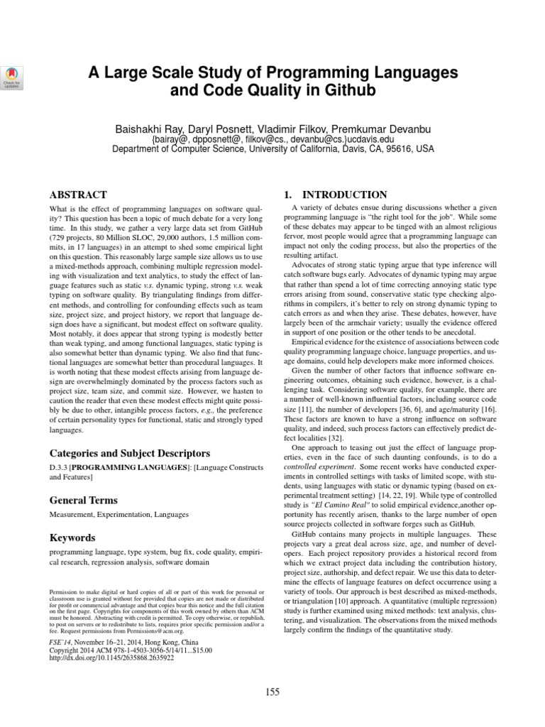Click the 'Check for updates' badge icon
[13, 77]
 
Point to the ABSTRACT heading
[77, 195]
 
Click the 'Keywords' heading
[72, 538]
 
